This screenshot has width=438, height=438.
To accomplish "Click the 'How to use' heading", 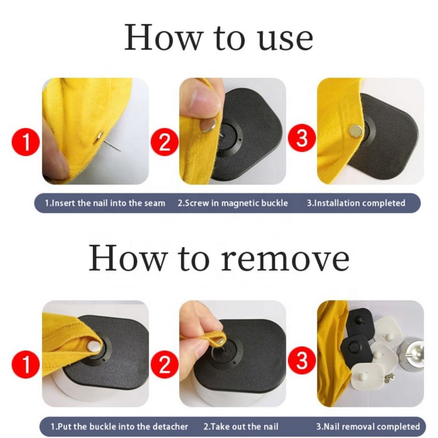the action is pos(219,38).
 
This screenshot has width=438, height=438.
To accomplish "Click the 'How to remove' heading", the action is pos(219,257).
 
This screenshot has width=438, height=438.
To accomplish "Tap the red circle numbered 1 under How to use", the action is pos(26,142).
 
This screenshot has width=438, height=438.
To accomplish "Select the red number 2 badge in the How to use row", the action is pos(165,142).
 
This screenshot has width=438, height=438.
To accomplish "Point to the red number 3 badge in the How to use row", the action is pos(302,138).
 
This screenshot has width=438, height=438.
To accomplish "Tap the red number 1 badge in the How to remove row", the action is pos(26,365).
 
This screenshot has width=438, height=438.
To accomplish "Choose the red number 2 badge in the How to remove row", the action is pos(165,365).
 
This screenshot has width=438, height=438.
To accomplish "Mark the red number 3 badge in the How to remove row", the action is pos(302,360).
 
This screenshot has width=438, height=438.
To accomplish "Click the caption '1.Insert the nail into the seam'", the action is pos(105,203).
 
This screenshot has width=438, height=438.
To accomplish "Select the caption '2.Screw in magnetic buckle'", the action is pos(233,203).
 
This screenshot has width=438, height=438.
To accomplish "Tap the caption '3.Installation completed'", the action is pos(356,203).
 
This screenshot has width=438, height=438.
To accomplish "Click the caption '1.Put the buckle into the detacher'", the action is pos(119,427).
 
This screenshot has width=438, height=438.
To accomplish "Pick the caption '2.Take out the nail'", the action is pos(241,427).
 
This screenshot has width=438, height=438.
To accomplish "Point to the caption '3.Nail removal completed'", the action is pos(368,427).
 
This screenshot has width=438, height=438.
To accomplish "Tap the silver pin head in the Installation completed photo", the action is pos(355,130).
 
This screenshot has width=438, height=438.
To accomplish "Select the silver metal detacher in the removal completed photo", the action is pos(411,353).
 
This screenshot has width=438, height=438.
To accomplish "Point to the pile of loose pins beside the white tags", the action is pos(389,378).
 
